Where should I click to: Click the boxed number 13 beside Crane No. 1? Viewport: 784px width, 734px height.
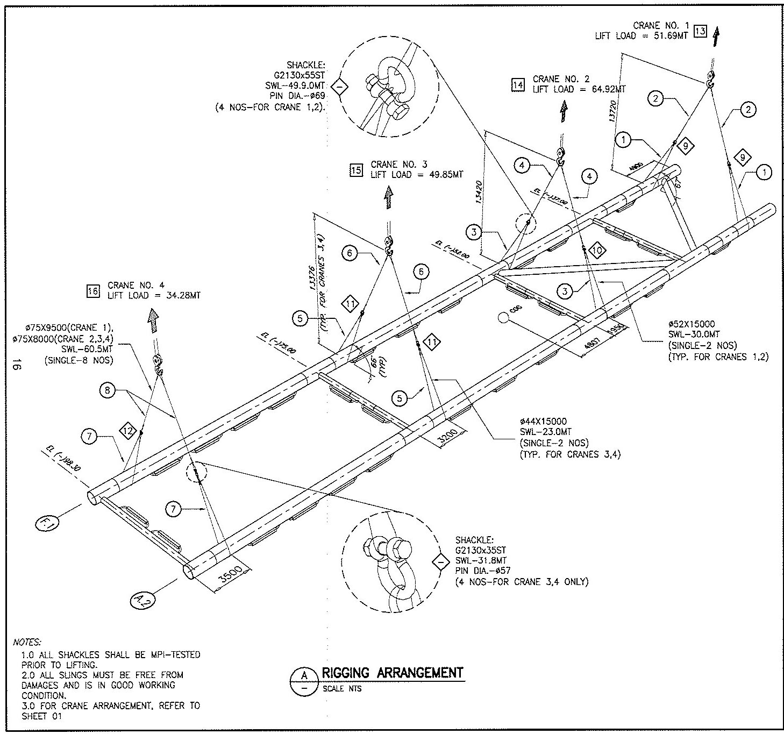pyautogui.click(x=700, y=32)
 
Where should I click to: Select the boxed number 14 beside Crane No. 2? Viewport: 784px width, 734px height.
pyautogui.click(x=518, y=85)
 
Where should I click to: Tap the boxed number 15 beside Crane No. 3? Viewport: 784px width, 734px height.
pyautogui.click(x=356, y=170)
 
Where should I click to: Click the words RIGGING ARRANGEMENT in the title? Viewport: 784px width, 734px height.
pyautogui.click(x=392, y=673)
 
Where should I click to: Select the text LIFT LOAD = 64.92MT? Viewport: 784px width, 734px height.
pyautogui.click(x=579, y=89)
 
